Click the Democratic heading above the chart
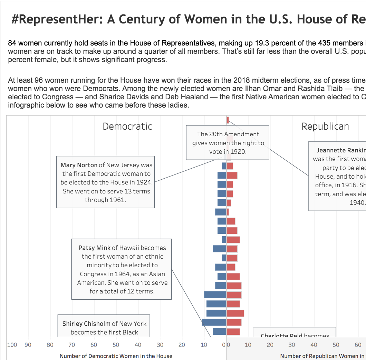tap(127, 126)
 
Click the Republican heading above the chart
tap(325, 126)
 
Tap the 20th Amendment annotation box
tap(228, 142)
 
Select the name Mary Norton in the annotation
tap(79, 165)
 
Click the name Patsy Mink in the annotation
tap(94, 248)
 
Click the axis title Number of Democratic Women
tap(116, 356)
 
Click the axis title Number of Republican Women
tap(321, 356)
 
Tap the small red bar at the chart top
tap(228, 120)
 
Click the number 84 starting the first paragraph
tap(12, 43)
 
